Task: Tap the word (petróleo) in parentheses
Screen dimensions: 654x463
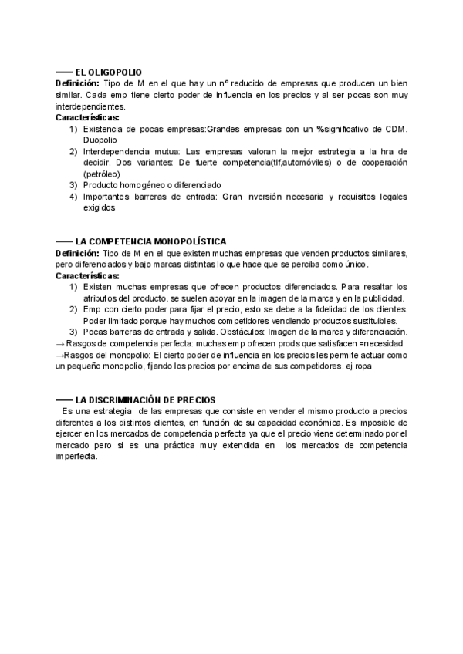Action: click(x=103, y=174)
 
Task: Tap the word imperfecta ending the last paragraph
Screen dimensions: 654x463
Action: click(x=76, y=457)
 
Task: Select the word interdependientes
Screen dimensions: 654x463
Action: click(x=90, y=106)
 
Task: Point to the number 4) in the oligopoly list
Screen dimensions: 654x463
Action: click(x=73, y=197)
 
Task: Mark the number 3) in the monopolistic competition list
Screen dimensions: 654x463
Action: click(x=73, y=332)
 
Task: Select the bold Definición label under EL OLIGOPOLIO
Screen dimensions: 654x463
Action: click(x=77, y=83)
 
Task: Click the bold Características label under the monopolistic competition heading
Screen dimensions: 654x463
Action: click(x=87, y=275)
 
